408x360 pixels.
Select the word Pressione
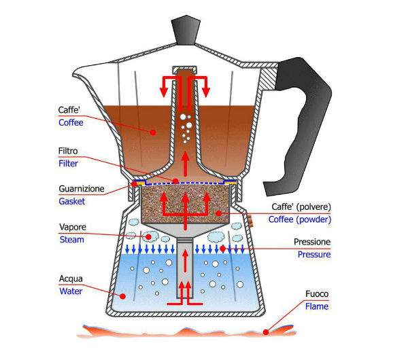312,242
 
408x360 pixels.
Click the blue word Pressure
313,255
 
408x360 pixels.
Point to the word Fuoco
316,294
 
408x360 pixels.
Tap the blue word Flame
317,306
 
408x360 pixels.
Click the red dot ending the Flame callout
267,331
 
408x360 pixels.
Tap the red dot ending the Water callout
122,295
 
